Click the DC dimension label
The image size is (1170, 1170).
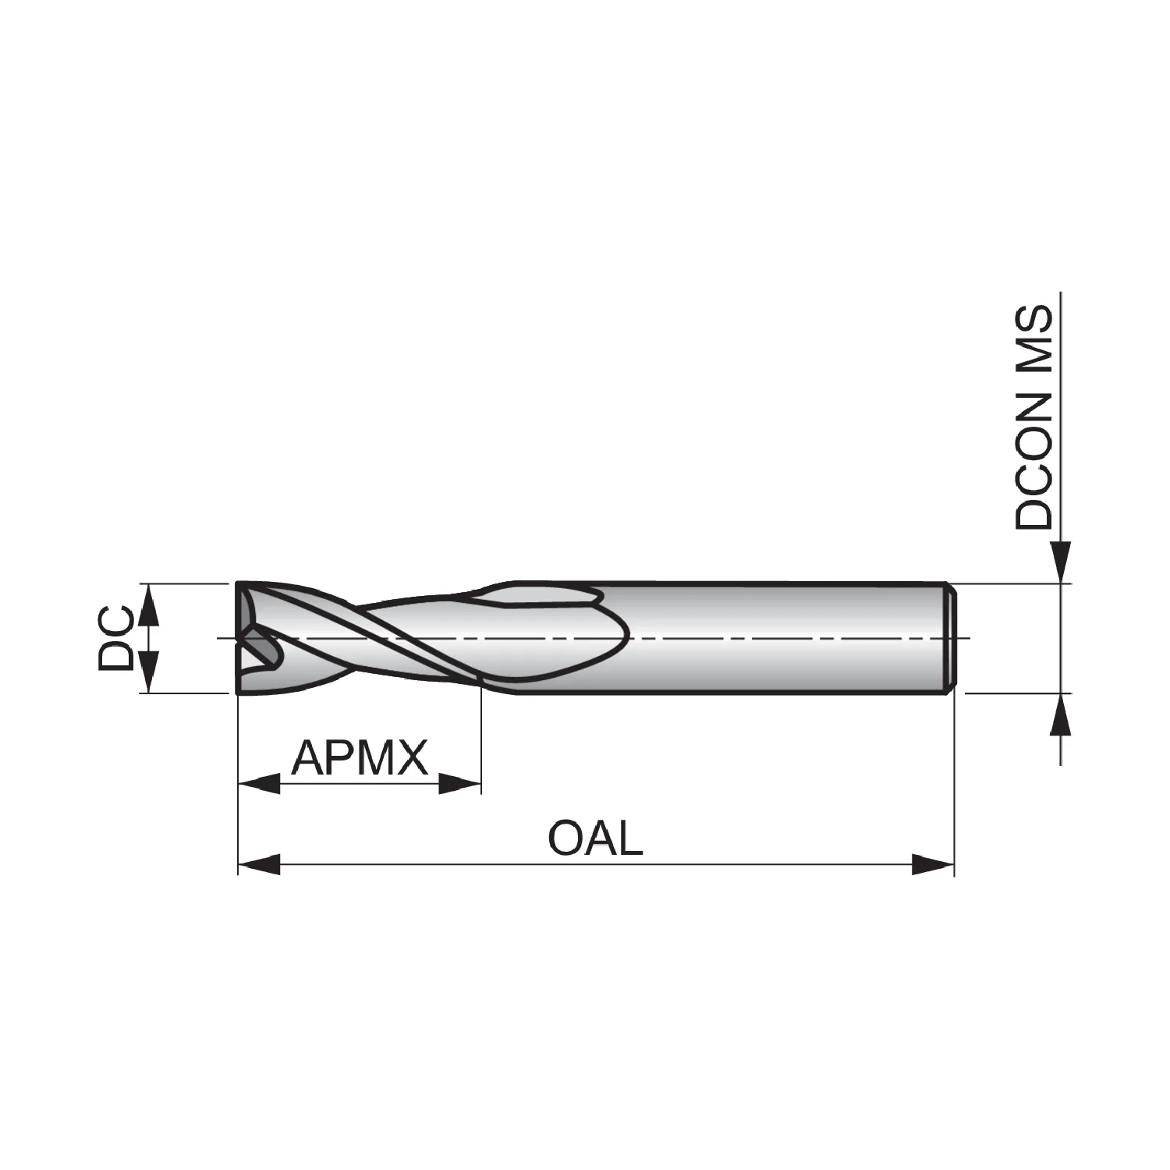[115, 639]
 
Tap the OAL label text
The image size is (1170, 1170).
[596, 838]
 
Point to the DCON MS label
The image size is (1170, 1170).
[1034, 418]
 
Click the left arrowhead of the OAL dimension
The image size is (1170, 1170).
[259, 864]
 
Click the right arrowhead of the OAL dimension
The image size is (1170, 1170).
[933, 864]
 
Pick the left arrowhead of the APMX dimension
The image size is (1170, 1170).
[259, 784]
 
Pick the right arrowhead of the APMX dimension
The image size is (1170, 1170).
[460, 784]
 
